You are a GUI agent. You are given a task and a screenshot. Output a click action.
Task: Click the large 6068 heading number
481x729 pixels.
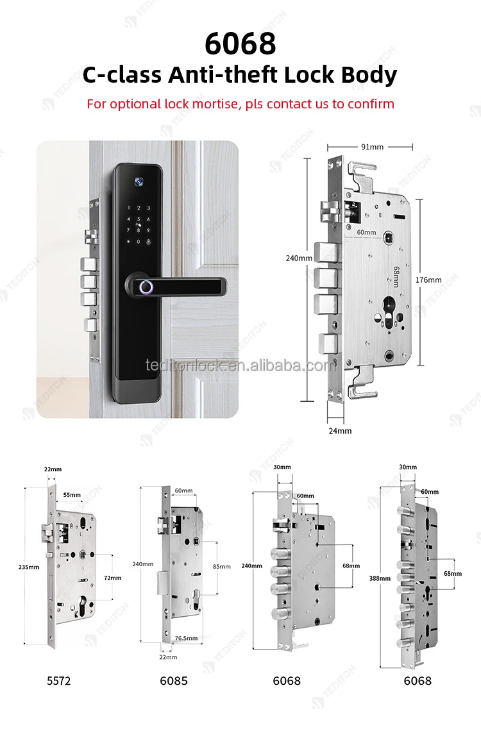point(240,43)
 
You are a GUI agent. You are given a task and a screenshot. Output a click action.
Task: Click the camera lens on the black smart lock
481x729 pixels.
point(138,181)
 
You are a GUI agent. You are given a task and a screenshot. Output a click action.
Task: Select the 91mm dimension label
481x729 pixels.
point(372,147)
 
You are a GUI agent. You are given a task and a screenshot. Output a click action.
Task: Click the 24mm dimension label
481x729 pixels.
point(341,431)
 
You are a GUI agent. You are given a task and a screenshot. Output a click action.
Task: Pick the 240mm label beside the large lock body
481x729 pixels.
point(300,258)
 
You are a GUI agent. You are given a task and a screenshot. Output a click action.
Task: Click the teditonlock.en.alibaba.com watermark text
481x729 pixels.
point(240,365)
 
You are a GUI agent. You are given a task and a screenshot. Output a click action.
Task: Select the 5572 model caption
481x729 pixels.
point(59,681)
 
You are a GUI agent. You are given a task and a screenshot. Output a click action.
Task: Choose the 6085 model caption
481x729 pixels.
point(174,681)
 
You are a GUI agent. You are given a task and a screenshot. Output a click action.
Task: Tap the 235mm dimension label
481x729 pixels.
point(29,567)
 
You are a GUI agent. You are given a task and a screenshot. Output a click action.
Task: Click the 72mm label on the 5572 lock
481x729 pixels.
point(112,578)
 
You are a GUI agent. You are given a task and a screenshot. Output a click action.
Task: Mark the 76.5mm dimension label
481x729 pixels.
point(186,638)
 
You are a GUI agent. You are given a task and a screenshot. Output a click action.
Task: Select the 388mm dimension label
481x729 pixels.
point(380,578)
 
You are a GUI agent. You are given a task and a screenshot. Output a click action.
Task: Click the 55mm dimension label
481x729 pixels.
point(72,495)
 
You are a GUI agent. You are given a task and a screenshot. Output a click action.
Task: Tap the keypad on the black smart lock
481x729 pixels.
point(139,225)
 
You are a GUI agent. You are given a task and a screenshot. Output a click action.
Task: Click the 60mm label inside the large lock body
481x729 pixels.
point(366,231)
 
